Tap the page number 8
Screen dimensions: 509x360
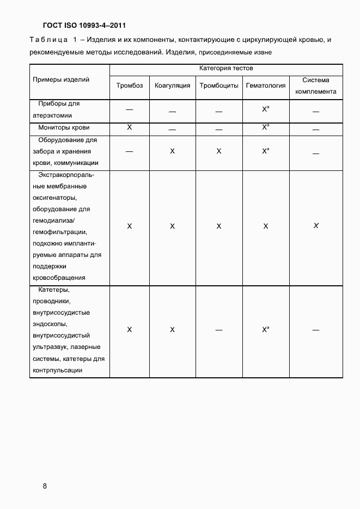click(x=45, y=486)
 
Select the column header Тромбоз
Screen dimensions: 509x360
click(x=130, y=85)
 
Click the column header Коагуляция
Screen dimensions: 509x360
click(x=172, y=85)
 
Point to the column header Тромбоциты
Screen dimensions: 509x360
click(x=219, y=85)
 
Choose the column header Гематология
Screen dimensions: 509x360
click(x=266, y=85)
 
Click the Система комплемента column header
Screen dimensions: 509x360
click(x=316, y=85)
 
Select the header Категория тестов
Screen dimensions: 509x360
click(x=226, y=69)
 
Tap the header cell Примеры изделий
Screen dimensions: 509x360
click(x=61, y=79)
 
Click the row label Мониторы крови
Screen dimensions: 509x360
click(x=64, y=127)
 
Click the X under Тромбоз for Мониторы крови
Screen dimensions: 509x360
click(x=130, y=127)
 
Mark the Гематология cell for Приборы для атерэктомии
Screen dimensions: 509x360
click(x=265, y=109)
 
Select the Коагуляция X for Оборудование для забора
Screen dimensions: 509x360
click(x=172, y=151)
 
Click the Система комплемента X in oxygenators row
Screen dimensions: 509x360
click(x=316, y=225)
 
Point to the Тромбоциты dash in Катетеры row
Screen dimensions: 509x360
click(x=219, y=330)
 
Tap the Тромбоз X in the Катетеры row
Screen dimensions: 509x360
click(x=130, y=330)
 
